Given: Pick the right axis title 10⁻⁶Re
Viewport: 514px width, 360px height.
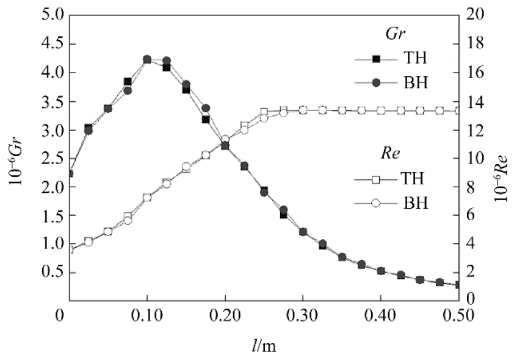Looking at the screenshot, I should tap(500, 157).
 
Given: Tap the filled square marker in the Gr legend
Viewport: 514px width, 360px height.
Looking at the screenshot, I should tap(377, 59).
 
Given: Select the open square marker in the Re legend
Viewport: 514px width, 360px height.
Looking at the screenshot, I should tap(377, 179).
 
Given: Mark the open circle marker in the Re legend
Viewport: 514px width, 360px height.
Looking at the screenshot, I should tap(377, 203).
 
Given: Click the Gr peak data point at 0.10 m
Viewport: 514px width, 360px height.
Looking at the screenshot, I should tap(147, 60).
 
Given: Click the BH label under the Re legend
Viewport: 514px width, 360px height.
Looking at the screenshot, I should tap(414, 203).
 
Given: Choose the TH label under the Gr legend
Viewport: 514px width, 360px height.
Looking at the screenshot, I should tap(414, 59).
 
